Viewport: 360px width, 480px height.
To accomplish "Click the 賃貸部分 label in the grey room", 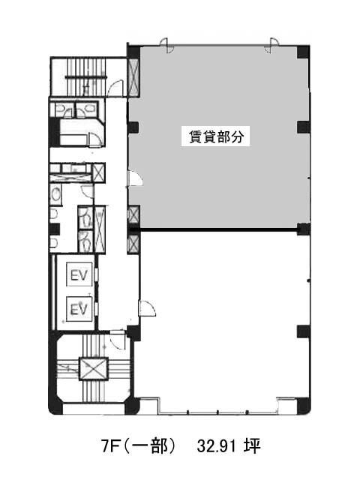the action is [x=216, y=136].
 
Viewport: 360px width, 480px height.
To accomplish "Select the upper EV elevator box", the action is [x=79, y=274].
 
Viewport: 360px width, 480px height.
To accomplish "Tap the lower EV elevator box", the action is [x=79, y=308].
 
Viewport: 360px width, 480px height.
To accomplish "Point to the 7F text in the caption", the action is [x=110, y=446].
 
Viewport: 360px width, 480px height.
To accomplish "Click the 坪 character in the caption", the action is [x=252, y=446].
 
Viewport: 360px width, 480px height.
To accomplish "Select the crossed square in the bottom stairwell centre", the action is [x=94, y=369].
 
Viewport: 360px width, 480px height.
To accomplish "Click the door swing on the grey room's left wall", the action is [x=135, y=178].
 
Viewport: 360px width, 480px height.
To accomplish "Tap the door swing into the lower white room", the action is [x=148, y=307].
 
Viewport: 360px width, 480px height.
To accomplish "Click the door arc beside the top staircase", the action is [x=117, y=88].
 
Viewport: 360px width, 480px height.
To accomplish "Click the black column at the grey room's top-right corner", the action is [x=303, y=52].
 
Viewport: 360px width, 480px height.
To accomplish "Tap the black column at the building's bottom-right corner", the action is [x=303, y=406].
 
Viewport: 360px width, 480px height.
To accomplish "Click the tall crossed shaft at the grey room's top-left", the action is [x=133, y=77].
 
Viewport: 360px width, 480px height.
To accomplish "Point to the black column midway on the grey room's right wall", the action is [x=303, y=127].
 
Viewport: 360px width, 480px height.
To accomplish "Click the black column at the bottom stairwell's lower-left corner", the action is [x=55, y=406].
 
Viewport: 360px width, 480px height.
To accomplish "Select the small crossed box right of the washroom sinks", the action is [x=99, y=172].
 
